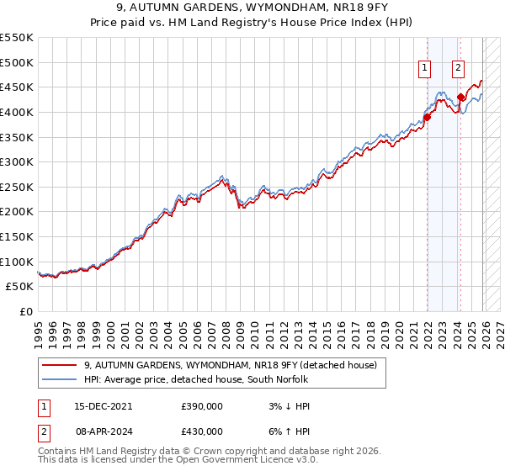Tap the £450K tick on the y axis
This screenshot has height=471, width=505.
(x=17, y=87)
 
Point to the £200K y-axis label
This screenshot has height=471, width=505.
(x=17, y=212)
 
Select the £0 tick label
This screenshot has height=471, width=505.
(x=25, y=312)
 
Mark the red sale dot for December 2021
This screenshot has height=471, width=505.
(x=427, y=117)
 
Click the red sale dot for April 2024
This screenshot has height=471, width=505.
(x=460, y=97)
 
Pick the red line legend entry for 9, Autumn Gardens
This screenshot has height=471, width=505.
(x=235, y=365)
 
